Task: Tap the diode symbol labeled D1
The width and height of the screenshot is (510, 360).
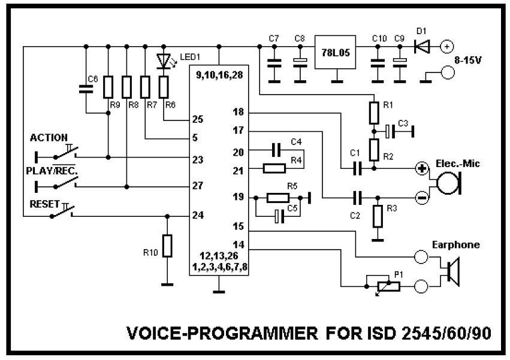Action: tap(423, 46)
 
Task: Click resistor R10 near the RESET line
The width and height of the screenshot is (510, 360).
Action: tap(168, 246)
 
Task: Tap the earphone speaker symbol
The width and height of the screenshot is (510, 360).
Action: tap(452, 269)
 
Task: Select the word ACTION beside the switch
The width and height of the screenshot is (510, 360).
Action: tap(49, 138)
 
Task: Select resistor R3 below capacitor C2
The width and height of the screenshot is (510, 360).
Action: tap(376, 216)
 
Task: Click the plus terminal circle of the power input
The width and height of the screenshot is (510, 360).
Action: tap(446, 46)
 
